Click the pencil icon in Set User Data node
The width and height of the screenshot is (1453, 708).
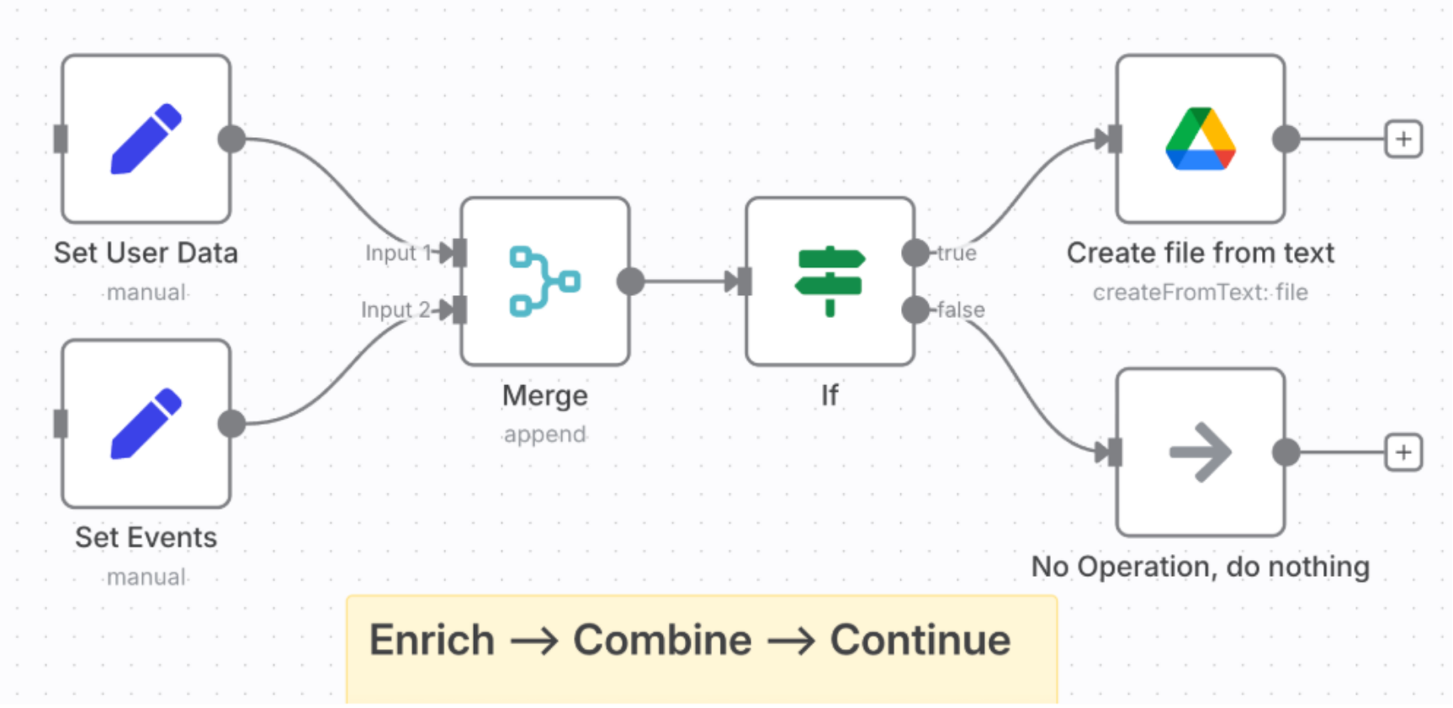(x=146, y=139)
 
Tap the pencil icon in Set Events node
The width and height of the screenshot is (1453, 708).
(x=146, y=423)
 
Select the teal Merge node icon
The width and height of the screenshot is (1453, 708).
(x=544, y=281)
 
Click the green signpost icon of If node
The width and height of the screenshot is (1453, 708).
(x=830, y=281)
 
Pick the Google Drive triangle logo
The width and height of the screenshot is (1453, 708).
(x=1200, y=139)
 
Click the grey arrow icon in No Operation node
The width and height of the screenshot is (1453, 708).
(x=1200, y=452)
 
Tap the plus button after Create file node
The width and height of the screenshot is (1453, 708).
(x=1403, y=139)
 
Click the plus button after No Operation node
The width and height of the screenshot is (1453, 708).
(x=1403, y=452)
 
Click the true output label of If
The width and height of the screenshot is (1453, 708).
(x=957, y=253)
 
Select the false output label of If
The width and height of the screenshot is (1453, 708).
(x=961, y=310)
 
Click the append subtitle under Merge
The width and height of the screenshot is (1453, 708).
(x=544, y=435)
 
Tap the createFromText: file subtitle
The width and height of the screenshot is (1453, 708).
(x=1200, y=293)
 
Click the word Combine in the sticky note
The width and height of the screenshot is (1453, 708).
(x=662, y=641)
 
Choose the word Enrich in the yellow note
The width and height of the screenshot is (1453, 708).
(x=432, y=641)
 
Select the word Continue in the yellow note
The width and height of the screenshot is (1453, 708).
(x=920, y=641)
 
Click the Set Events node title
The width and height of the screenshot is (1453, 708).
(x=146, y=538)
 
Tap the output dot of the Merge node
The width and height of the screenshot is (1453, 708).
(x=630, y=281)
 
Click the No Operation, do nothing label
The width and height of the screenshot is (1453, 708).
(x=1200, y=568)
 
